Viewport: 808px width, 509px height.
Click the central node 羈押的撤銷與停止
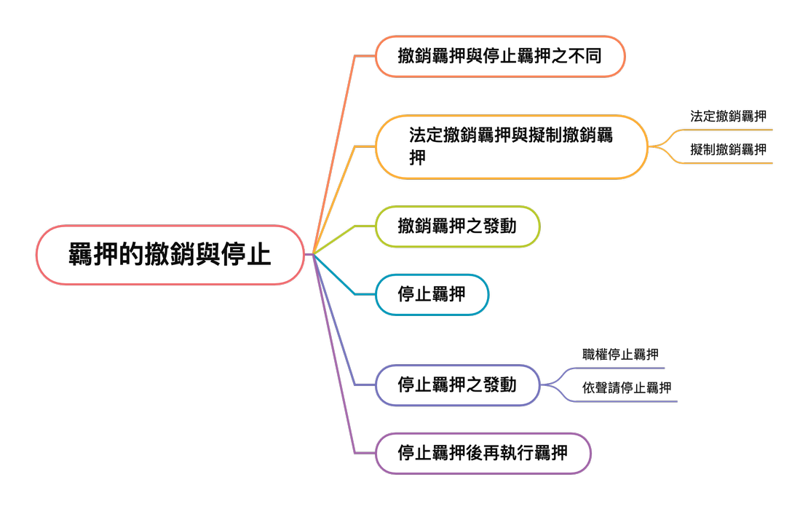(x=170, y=255)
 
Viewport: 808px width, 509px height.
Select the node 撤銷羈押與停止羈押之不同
(x=499, y=56)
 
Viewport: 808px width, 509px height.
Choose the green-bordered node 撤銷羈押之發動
(x=457, y=226)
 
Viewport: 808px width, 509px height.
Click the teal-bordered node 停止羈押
(x=432, y=294)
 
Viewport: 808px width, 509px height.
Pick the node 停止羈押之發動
(x=457, y=384)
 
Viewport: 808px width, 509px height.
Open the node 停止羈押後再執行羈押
(x=483, y=453)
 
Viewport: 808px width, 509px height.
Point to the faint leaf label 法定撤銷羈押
(x=728, y=117)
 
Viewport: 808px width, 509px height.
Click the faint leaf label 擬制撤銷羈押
(x=728, y=150)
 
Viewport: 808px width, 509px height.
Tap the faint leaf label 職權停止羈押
(x=621, y=355)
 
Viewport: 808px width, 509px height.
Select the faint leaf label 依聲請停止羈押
(x=627, y=388)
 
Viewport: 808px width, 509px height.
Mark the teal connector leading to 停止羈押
(x=338, y=280)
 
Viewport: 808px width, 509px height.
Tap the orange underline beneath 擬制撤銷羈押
(x=728, y=163)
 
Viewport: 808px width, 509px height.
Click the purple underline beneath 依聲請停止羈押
(x=626, y=401)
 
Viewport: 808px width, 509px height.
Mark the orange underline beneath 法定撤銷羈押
(x=728, y=130)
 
